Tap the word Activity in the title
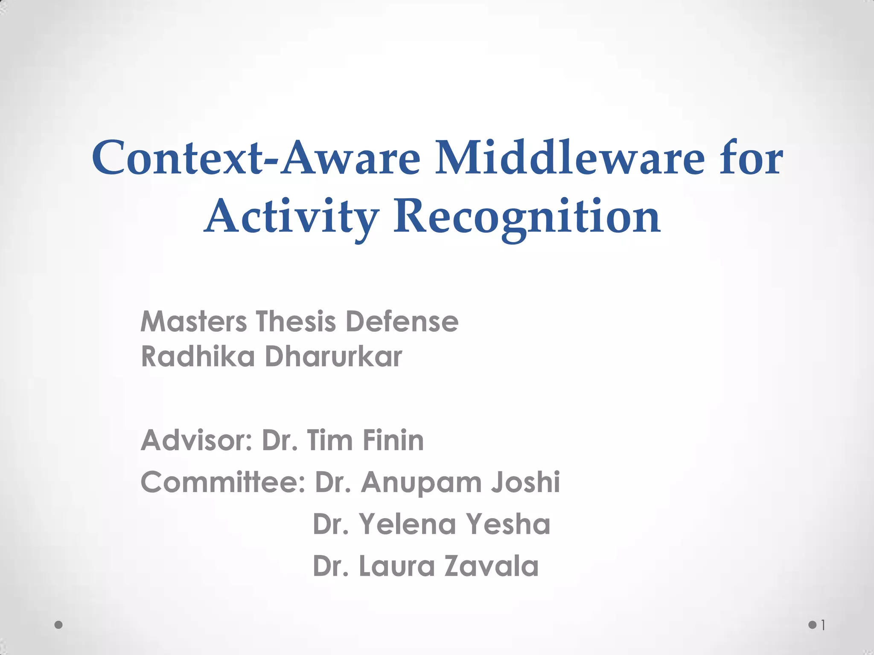coord(291,217)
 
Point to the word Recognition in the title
coord(527,217)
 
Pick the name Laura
coord(396,566)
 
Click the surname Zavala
coord(492,566)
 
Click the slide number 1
coord(823,626)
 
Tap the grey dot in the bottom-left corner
coord(59,625)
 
